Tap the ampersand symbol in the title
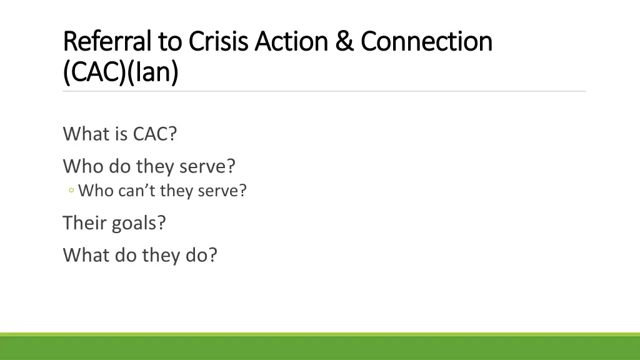click(x=343, y=42)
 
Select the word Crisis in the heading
click(x=217, y=42)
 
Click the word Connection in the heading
click(x=426, y=42)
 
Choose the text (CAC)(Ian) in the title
click(x=121, y=72)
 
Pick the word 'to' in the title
click(x=170, y=42)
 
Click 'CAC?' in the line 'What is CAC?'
click(x=154, y=134)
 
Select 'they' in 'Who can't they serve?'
click(x=177, y=191)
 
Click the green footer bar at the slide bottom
click(x=320, y=347)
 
